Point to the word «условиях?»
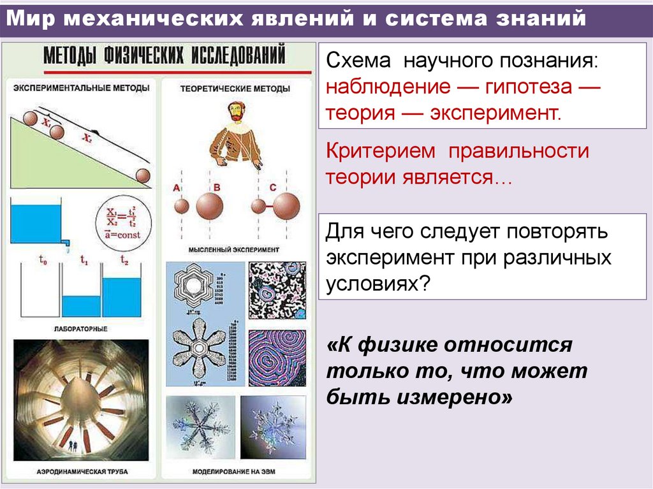(x=376, y=282)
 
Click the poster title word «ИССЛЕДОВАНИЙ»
(x=236, y=56)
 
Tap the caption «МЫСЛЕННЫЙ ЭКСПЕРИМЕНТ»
(x=234, y=250)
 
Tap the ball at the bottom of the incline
(x=143, y=175)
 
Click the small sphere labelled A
(x=182, y=206)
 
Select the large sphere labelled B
(x=210, y=205)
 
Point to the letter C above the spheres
(x=273, y=187)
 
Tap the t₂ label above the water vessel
(x=125, y=260)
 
